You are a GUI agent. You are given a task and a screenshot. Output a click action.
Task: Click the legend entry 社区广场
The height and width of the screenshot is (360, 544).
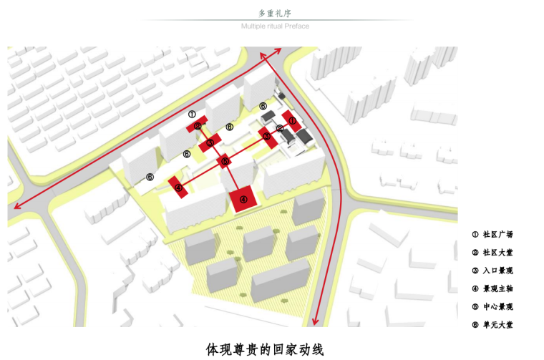[492, 234]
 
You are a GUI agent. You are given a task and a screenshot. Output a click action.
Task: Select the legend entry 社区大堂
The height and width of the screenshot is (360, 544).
[492, 252]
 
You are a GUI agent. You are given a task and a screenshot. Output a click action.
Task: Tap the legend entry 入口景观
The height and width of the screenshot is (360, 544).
[492, 271]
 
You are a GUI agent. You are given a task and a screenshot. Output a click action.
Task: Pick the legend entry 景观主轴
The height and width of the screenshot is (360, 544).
[492, 288]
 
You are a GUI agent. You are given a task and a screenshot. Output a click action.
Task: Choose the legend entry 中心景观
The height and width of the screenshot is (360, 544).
[492, 306]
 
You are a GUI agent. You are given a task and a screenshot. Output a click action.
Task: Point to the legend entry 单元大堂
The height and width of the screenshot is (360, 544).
[492, 325]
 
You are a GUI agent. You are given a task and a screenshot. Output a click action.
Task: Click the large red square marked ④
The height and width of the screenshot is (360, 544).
[244, 200]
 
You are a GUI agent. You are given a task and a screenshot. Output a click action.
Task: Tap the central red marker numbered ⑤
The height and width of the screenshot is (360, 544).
[225, 162]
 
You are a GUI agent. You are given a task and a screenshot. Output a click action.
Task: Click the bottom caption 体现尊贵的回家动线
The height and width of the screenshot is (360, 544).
[265, 349]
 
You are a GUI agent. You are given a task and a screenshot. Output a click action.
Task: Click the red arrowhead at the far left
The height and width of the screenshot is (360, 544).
[14, 208]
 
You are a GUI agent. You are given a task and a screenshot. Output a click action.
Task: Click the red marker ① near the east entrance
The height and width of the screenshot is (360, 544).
[292, 121]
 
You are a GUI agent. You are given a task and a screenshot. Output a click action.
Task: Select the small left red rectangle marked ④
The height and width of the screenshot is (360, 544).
[178, 188]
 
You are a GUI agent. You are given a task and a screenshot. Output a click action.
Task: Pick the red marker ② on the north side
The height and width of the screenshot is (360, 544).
[197, 127]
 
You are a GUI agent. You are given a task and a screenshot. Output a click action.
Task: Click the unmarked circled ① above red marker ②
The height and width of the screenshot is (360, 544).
[191, 114]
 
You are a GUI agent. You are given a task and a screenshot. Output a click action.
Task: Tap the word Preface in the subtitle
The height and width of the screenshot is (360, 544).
[298, 26]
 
